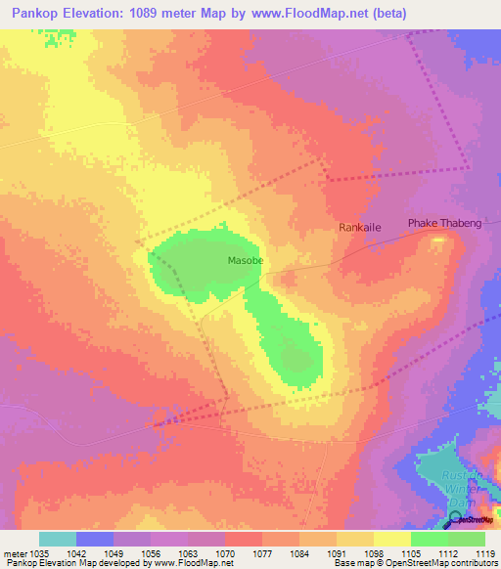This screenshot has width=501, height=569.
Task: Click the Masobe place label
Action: (246, 261)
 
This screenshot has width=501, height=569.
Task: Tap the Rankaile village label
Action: (359, 227)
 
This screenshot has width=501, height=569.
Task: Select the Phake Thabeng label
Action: (444, 224)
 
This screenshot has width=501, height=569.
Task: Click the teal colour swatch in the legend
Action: (58, 539)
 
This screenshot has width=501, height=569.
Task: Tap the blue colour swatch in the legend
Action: (95, 539)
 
